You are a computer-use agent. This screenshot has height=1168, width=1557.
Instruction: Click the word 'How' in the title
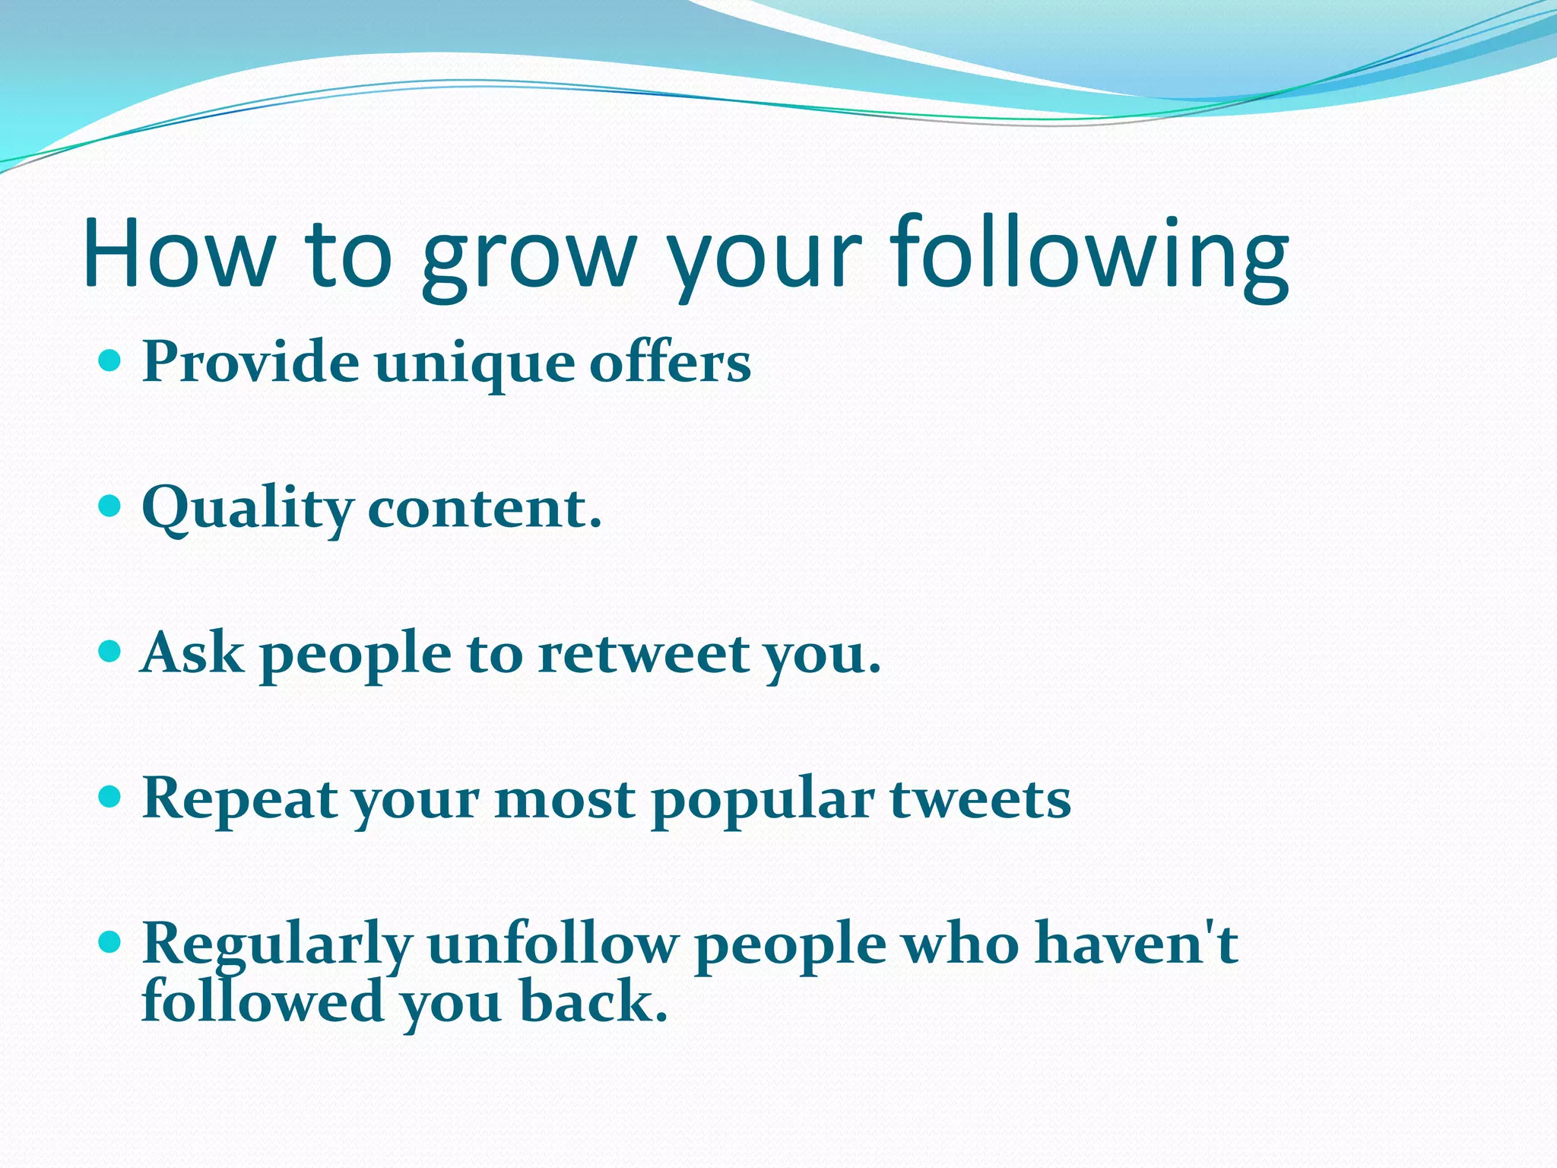tap(179, 254)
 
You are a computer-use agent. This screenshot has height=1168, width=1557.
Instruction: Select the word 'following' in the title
tap(1090, 254)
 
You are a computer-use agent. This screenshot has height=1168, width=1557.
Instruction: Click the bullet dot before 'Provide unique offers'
tap(111, 360)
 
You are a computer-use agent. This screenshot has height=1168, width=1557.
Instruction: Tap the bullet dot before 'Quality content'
tap(111, 505)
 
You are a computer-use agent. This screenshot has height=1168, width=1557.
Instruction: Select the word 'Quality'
tap(247, 509)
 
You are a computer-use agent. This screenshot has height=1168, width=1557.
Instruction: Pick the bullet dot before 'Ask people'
tap(111, 651)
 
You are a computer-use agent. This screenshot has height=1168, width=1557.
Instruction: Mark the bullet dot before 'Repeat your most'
tap(111, 797)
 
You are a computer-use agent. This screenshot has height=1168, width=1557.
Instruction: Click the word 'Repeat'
tap(240, 800)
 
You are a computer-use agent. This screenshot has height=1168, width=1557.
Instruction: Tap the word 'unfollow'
tap(552, 944)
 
